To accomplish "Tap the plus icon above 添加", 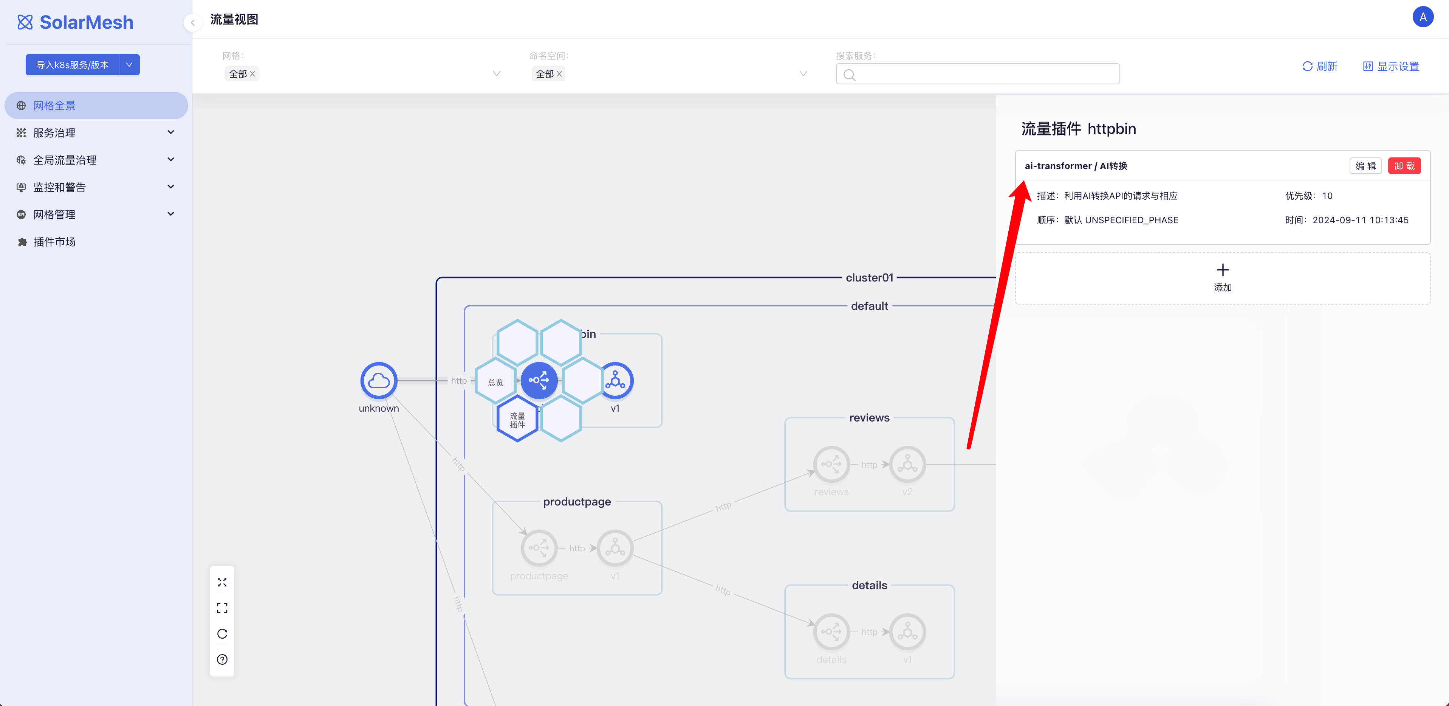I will [1222, 270].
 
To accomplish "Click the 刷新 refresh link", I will [1320, 67].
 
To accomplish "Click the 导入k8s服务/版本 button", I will [72, 65].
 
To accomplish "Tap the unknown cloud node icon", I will [379, 381].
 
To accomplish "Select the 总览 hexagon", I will [495, 382].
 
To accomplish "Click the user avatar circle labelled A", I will [1423, 17].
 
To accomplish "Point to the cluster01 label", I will [869, 278].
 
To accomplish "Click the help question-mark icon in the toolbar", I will [222, 659].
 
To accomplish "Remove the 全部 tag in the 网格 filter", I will [252, 74].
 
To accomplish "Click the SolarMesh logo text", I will [86, 23].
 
